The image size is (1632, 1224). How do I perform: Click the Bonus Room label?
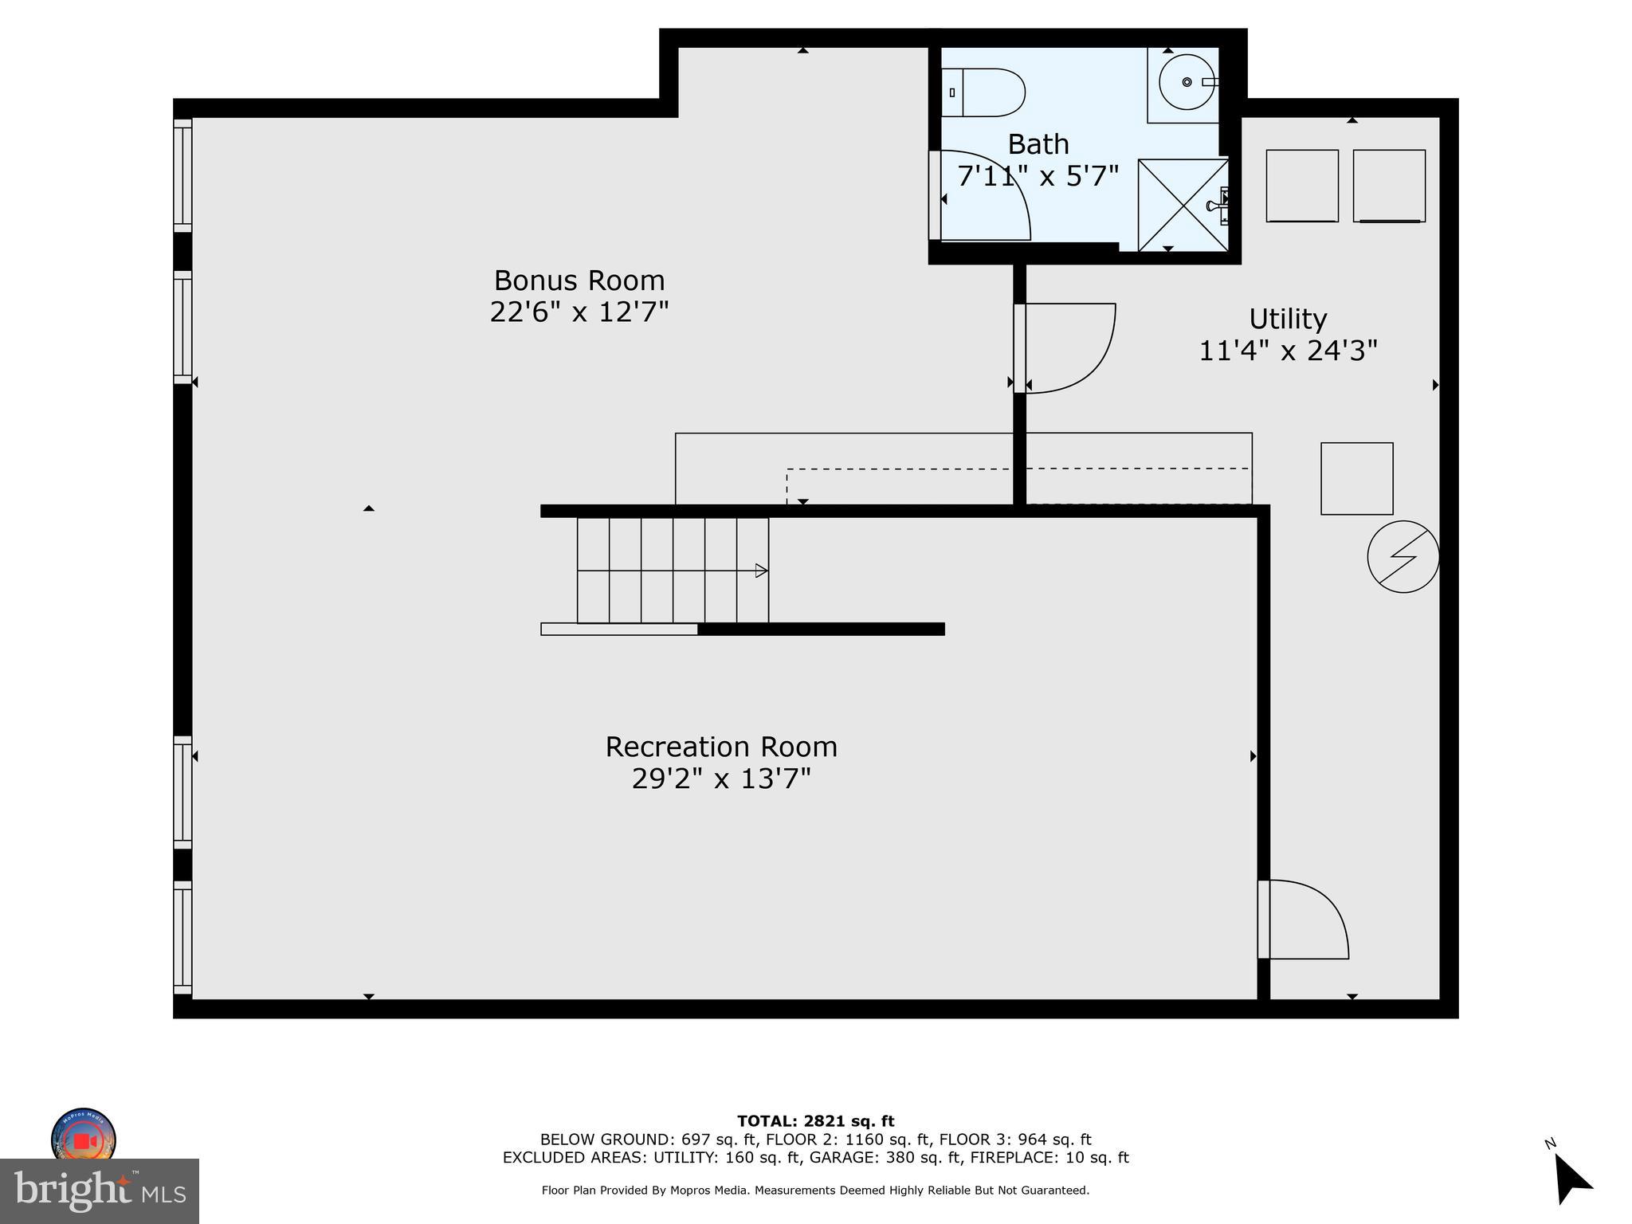579,280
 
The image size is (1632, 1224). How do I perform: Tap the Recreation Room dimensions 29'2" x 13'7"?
721,779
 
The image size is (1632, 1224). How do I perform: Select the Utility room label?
1288,319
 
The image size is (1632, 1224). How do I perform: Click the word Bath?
1038,144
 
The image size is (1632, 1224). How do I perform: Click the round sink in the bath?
1186,82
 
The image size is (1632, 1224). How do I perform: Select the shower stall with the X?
1183,205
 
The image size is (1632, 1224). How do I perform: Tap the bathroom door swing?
985,196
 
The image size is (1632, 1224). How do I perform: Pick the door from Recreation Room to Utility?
1305,920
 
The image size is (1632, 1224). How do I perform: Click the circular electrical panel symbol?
1402,556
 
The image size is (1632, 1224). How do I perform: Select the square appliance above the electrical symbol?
1356,478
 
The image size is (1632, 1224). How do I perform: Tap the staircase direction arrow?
761,571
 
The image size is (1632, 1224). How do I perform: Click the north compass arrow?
1571,1181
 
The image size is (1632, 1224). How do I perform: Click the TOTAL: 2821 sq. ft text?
815,1121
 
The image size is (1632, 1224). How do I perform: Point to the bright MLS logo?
100,1191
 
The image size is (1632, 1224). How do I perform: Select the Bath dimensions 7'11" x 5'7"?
1038,176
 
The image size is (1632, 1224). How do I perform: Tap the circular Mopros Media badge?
83,1138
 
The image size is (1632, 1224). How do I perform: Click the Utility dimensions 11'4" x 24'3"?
1288,351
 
